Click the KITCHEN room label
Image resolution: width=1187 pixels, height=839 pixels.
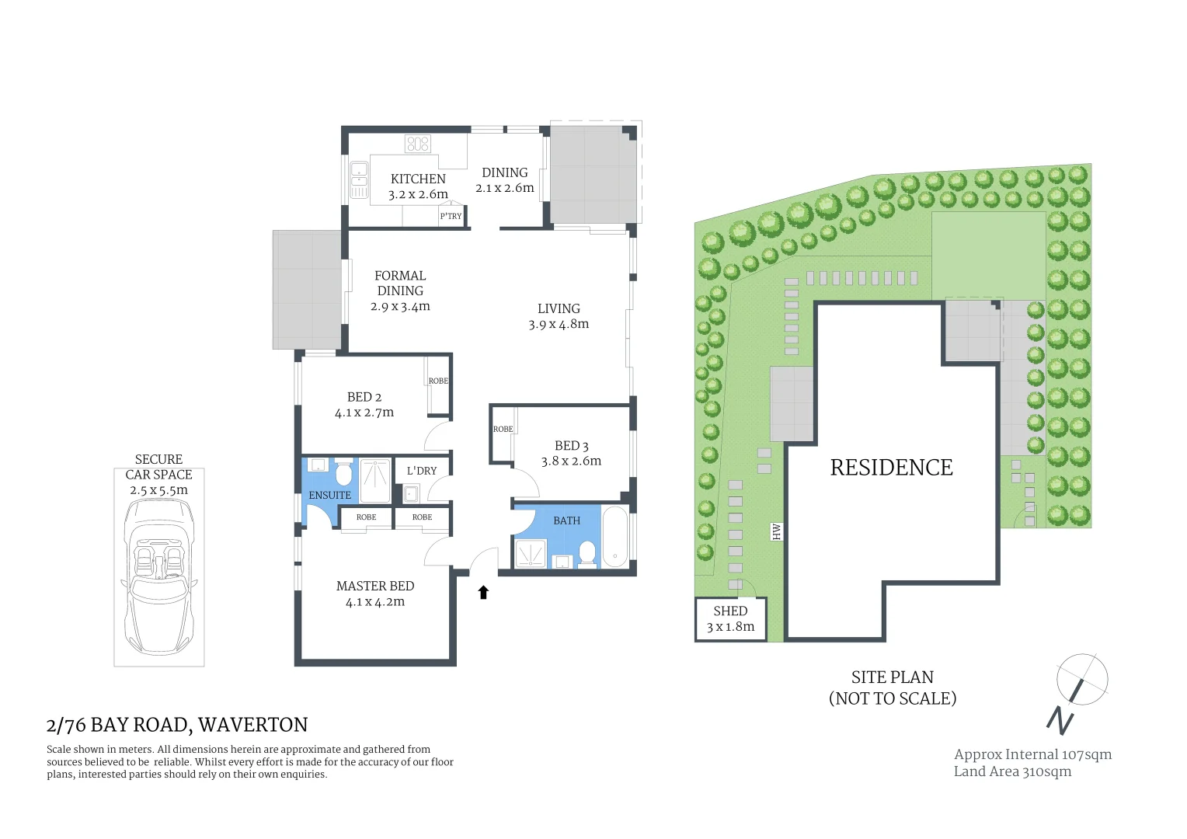(x=418, y=179)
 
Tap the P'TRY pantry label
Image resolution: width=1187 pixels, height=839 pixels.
(x=451, y=217)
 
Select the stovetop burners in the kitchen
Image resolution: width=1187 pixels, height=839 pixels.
(x=417, y=144)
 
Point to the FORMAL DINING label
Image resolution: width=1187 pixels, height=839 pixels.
(x=400, y=283)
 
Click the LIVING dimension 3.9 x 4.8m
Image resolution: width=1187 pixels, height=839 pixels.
(x=559, y=325)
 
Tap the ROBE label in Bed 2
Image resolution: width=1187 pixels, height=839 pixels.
(x=438, y=381)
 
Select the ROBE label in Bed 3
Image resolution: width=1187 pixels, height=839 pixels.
(x=503, y=429)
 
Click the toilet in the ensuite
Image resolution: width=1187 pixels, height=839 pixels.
(x=343, y=472)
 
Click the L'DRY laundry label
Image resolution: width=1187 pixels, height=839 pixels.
(x=422, y=471)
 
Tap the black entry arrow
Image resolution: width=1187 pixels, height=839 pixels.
(x=483, y=593)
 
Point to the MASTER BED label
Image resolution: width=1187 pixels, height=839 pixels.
(x=375, y=586)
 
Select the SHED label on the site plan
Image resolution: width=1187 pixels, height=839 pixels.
(x=730, y=611)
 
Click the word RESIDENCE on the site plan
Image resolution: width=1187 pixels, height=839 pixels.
(x=891, y=468)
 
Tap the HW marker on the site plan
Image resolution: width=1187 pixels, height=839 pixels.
(x=776, y=531)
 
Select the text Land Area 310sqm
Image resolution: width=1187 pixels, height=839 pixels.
(x=1012, y=771)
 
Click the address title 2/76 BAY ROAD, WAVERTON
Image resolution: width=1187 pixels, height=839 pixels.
(x=177, y=725)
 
